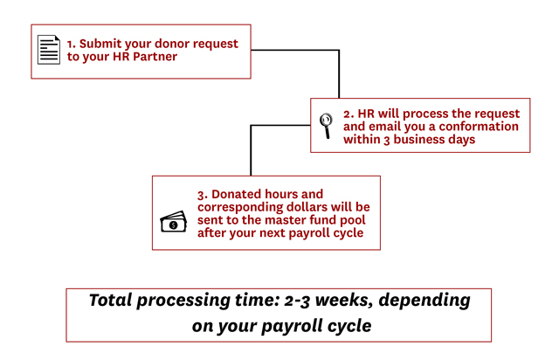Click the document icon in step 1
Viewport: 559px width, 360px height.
(49, 50)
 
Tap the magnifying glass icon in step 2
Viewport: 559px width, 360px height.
(326, 125)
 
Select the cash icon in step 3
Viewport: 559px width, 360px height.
(174, 222)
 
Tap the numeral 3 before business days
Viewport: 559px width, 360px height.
(387, 140)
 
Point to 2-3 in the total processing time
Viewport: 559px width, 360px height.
(297, 301)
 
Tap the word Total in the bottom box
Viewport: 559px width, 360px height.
(111, 300)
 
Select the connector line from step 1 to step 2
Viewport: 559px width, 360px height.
(339, 51)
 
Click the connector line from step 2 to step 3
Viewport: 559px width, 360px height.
(251, 125)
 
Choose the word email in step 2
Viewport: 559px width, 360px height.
(383, 127)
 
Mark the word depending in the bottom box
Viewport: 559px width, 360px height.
(424, 301)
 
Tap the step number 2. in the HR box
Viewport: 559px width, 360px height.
(349, 114)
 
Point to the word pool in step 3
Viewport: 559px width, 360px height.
(353, 220)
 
